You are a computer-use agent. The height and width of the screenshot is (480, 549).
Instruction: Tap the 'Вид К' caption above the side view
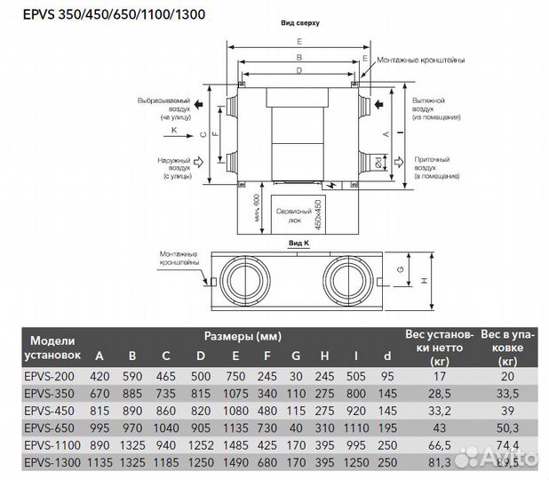[x=298, y=242]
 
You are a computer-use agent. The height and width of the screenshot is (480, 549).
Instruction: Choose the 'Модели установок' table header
[x=55, y=347]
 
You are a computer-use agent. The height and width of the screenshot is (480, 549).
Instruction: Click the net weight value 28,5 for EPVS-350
[x=434, y=393]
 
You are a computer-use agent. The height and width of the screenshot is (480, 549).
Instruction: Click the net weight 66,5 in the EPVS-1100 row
[x=434, y=446]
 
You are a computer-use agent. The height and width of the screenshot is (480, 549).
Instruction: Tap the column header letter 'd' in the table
[x=386, y=356]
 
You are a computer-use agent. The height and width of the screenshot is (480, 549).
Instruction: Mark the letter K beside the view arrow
[x=175, y=130]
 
